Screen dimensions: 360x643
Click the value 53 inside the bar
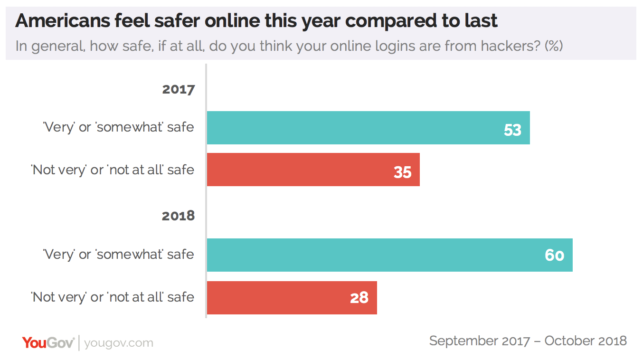pyautogui.click(x=512, y=129)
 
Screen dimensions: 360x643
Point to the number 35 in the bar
pyautogui.click(x=402, y=171)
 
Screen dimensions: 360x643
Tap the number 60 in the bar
pyautogui.click(x=554, y=256)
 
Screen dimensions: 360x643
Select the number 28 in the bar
pyautogui.click(x=359, y=298)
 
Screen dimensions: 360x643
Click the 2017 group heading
pyautogui.click(x=178, y=89)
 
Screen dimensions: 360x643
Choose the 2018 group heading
pyautogui.click(x=178, y=216)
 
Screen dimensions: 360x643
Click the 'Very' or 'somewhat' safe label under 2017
pyautogui.click(x=119, y=127)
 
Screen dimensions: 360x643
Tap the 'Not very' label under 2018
pyautogui.click(x=113, y=297)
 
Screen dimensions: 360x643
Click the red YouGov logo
pyautogui.click(x=48, y=342)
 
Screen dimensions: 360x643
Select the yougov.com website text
pyautogui.click(x=119, y=343)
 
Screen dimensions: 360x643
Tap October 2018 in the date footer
pyautogui.click(x=586, y=341)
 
